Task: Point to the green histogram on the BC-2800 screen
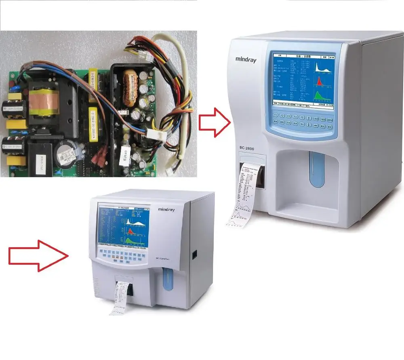[x=320, y=96]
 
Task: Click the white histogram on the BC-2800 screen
[x=322, y=68]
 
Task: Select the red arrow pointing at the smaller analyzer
[x=38, y=255]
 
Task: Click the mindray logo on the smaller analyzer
[x=166, y=210]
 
